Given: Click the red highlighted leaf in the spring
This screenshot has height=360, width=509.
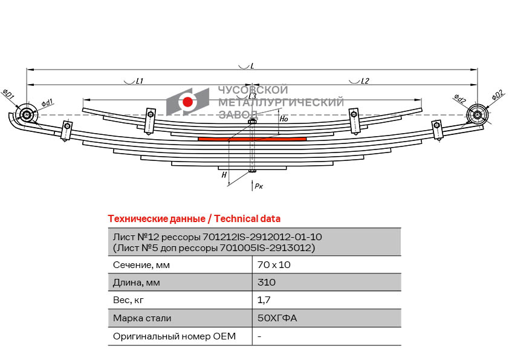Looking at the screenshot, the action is [x=252, y=139].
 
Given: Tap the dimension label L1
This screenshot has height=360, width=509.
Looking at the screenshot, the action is [x=139, y=81].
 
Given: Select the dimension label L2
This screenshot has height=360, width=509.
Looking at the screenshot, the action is [x=365, y=81].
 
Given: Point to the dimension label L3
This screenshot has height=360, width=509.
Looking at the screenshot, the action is [x=252, y=96].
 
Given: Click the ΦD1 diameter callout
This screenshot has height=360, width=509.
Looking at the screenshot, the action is [x=8, y=94].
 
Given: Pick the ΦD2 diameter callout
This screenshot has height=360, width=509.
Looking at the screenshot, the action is [x=498, y=95].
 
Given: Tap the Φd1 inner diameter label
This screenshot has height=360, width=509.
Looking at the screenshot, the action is [x=47, y=103].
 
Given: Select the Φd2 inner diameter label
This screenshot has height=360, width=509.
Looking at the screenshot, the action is [x=459, y=98].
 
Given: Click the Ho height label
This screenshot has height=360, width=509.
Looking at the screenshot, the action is [x=284, y=119].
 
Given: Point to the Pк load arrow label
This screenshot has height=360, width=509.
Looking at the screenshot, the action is [x=259, y=186].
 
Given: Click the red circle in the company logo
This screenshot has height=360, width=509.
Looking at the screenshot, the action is [x=187, y=102].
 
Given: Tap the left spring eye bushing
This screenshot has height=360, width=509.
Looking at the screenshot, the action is [x=27, y=114].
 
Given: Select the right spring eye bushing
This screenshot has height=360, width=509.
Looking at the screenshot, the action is [x=478, y=115].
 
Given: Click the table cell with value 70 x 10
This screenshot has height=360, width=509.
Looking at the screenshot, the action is [x=274, y=265].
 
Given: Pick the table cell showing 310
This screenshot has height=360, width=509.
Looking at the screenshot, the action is [x=267, y=282].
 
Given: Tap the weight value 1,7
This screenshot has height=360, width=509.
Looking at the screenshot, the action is [x=264, y=300].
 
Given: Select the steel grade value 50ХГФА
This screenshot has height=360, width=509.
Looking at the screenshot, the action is [x=277, y=318].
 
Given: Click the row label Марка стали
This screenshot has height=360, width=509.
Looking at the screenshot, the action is [x=142, y=318].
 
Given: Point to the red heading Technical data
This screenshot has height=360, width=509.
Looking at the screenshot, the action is [x=247, y=218].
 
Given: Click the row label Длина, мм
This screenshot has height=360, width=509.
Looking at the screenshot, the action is [x=137, y=283].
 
